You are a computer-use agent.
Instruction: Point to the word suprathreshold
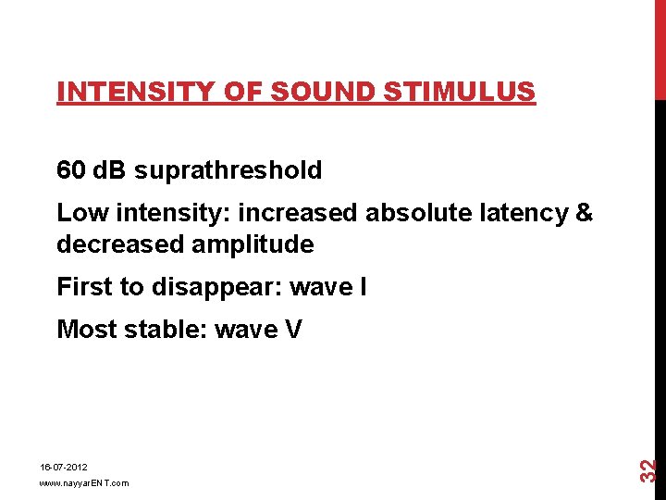(228, 170)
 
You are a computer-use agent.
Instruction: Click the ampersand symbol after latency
(584, 213)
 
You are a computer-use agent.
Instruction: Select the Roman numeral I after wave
(362, 287)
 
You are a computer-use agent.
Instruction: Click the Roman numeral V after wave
(293, 330)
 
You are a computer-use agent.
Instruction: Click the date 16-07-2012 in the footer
(63, 469)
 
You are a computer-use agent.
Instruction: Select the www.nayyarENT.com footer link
(84, 483)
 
